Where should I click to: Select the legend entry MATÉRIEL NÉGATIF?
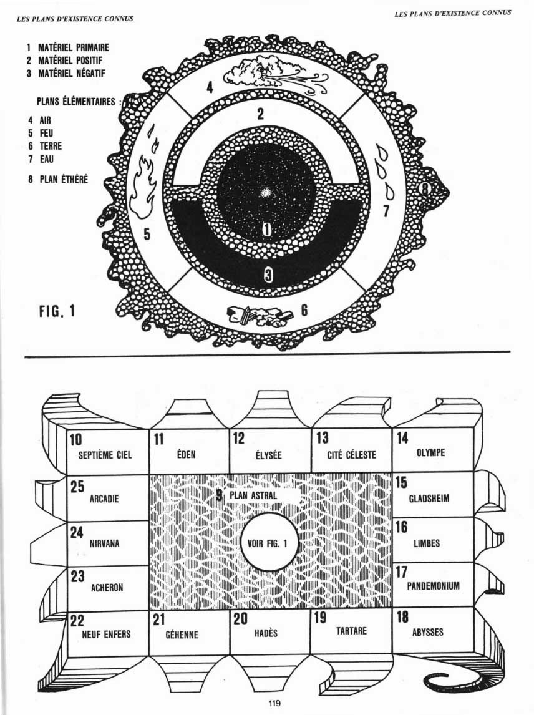[69, 74]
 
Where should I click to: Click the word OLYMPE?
[430, 453]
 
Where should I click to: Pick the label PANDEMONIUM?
[433, 586]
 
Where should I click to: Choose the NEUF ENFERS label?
[106, 634]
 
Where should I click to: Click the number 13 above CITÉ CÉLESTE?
[323, 438]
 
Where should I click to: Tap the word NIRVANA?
[104, 543]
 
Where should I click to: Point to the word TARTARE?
[351, 631]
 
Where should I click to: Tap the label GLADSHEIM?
[429, 499]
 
